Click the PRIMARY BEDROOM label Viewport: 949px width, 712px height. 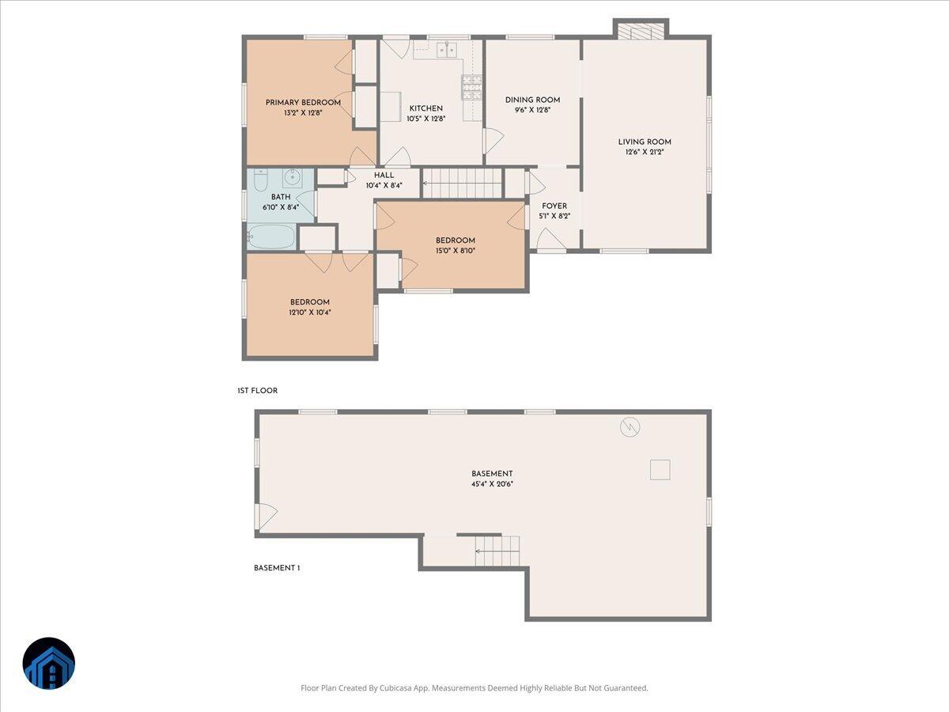coord(303,102)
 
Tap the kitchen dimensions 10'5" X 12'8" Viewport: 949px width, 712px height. coord(425,119)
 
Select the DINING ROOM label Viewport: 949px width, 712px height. coord(532,100)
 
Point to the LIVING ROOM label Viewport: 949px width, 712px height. coord(645,142)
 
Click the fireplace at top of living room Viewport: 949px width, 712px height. coord(640,31)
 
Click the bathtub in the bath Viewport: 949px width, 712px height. coord(270,237)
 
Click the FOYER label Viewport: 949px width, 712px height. coord(554,206)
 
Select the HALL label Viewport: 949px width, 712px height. coord(384,176)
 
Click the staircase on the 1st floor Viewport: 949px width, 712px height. coord(463,183)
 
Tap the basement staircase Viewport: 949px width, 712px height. coord(497,551)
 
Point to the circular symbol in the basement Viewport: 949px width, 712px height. coord(630,427)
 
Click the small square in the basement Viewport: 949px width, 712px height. coord(660,470)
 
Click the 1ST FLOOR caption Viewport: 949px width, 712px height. coord(257,391)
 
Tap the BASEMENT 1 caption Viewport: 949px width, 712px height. coord(277,568)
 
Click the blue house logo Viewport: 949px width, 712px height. coord(49,663)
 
